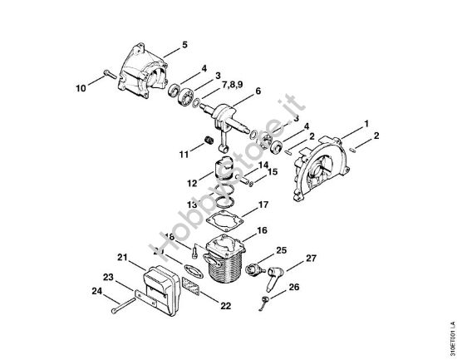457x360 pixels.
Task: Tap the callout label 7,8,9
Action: coord(232,84)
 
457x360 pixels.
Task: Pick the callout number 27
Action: coord(312,259)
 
